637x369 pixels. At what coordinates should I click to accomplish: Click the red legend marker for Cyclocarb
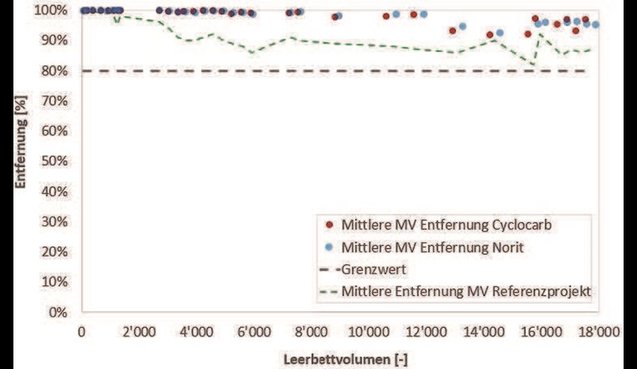(x=329, y=225)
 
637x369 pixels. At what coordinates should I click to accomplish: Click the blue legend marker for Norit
(x=329, y=247)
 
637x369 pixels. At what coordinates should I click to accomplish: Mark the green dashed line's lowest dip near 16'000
(x=532, y=64)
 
